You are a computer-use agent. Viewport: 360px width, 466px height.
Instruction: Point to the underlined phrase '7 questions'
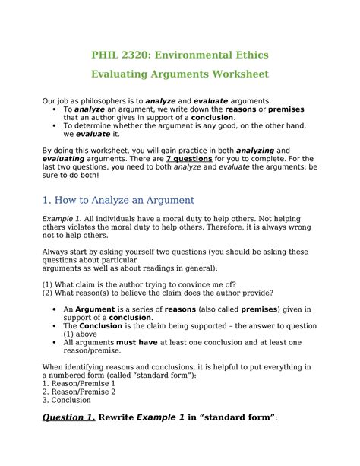[190, 158]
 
